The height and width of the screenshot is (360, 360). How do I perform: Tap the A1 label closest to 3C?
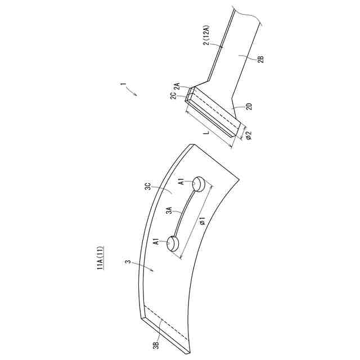pyautogui.click(x=181, y=182)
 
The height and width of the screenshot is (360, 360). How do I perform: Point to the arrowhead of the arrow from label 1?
pyautogui.click(x=136, y=96)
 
